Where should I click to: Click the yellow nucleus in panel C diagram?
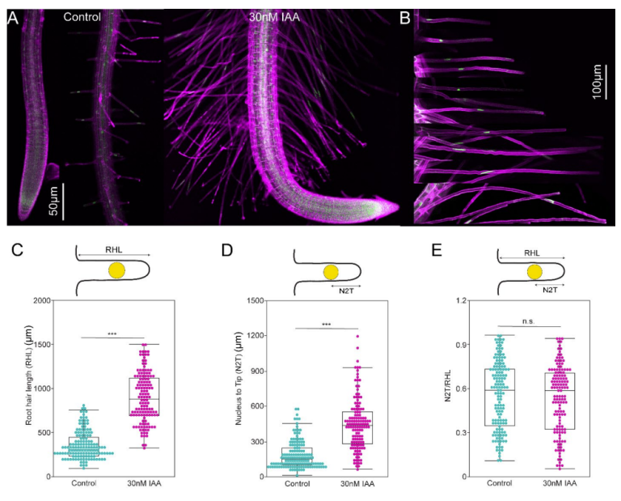[x=117, y=270]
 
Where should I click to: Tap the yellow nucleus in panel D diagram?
[x=331, y=272]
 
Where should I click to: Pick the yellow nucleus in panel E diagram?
[x=534, y=271]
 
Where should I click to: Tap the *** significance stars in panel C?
[x=113, y=333]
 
